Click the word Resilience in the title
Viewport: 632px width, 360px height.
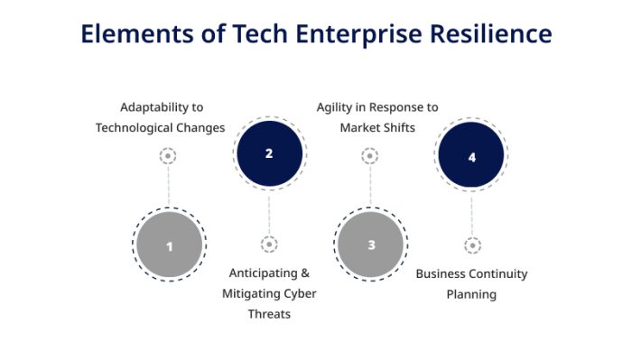pyautogui.click(x=488, y=33)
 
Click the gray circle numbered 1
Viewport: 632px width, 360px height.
pyautogui.click(x=169, y=245)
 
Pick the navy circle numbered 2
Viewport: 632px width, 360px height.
pyautogui.click(x=269, y=153)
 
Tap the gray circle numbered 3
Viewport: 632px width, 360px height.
pyautogui.click(x=371, y=245)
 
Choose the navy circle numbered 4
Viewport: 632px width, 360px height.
pyautogui.click(x=471, y=156)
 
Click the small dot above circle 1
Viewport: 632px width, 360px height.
pyautogui.click(x=168, y=156)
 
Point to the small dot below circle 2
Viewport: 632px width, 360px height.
pyautogui.click(x=269, y=244)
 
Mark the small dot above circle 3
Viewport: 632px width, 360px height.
pyautogui.click(x=370, y=156)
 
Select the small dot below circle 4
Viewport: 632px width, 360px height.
pyautogui.click(x=472, y=245)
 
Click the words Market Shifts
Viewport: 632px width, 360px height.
pyautogui.click(x=377, y=127)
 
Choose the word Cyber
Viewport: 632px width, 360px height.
pyautogui.click(x=296, y=293)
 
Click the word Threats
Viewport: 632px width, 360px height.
pyautogui.click(x=269, y=313)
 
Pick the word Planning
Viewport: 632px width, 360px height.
pyautogui.click(x=471, y=293)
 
